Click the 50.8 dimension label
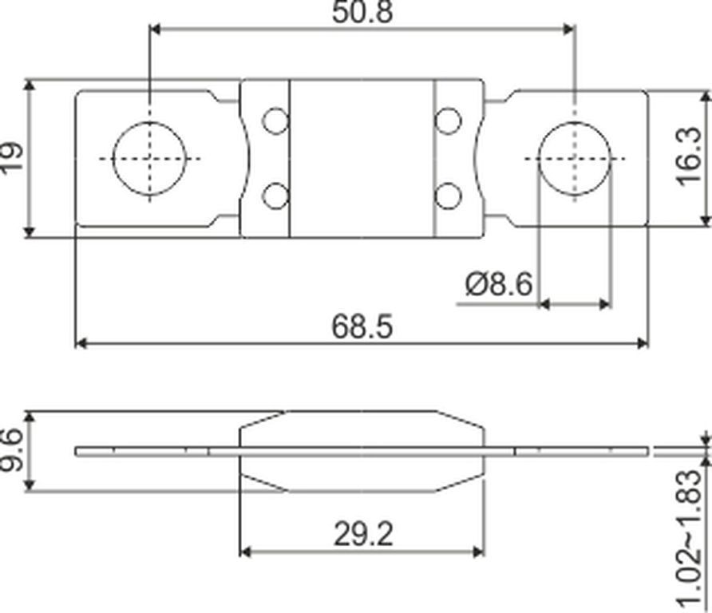point(362,12)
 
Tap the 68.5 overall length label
point(362,326)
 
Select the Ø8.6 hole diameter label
point(499,284)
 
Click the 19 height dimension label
point(12,156)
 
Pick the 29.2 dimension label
point(363,534)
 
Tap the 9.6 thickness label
point(11,451)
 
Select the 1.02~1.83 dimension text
point(690,538)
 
